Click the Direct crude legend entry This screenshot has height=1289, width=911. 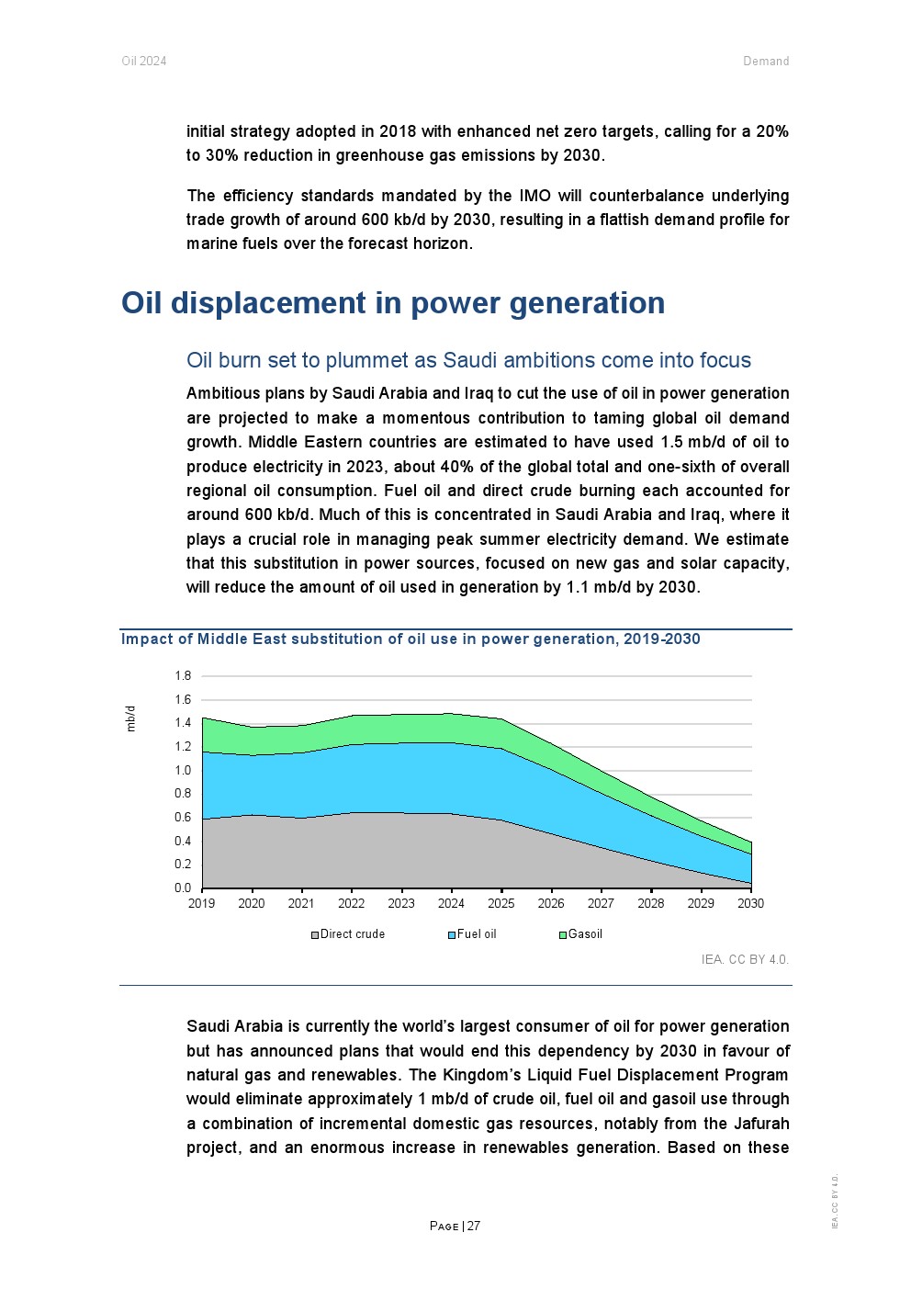click(348, 934)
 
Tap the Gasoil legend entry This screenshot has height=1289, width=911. click(580, 934)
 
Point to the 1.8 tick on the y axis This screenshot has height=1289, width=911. click(183, 676)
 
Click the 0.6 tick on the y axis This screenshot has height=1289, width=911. click(183, 818)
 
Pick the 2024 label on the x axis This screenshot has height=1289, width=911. click(451, 904)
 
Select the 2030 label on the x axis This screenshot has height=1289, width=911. click(750, 904)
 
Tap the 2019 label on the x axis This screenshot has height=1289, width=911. click(202, 904)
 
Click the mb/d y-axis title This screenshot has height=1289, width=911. click(130, 718)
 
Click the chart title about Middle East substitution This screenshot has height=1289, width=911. click(411, 639)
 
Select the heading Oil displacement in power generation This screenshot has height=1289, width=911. click(393, 303)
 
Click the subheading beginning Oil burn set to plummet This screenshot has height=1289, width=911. click(468, 360)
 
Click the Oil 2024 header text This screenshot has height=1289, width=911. click(144, 62)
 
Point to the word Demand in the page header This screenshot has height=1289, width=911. click(766, 62)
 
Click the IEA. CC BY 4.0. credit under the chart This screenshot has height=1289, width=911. click(745, 960)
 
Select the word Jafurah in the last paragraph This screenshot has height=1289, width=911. click(756, 1124)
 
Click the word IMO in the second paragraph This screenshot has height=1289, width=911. click(534, 196)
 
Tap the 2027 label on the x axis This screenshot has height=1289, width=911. click(601, 904)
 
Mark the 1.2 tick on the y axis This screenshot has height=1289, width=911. click(183, 747)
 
